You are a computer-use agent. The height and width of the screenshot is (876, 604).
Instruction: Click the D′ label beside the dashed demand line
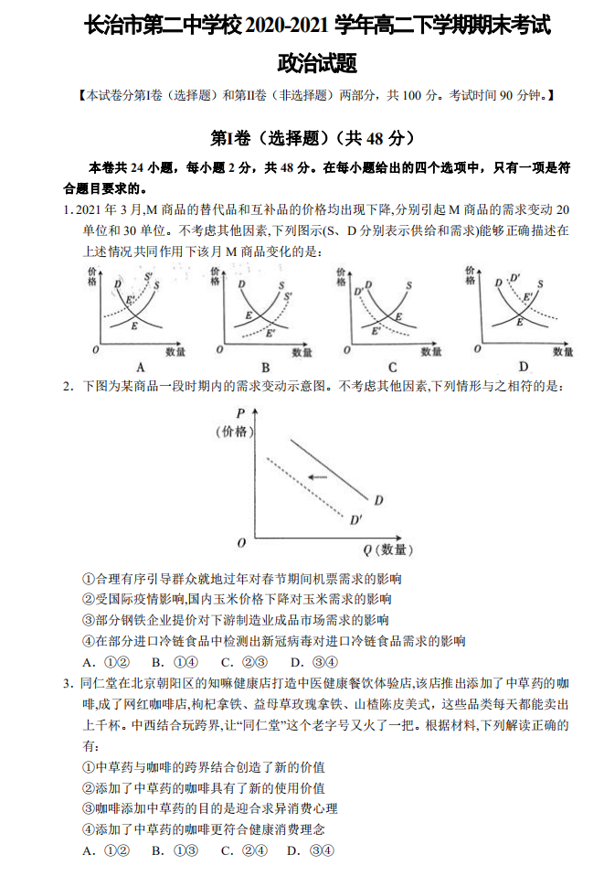click(355, 520)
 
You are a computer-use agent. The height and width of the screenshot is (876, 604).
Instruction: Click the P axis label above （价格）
click(240, 412)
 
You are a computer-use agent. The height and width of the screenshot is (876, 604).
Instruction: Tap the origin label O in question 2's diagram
click(241, 543)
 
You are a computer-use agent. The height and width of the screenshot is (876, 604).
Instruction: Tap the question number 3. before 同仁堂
click(68, 683)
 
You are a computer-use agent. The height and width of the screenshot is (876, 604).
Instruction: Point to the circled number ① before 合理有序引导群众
click(89, 579)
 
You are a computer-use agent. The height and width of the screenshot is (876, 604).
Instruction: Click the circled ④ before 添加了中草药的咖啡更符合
click(89, 829)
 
